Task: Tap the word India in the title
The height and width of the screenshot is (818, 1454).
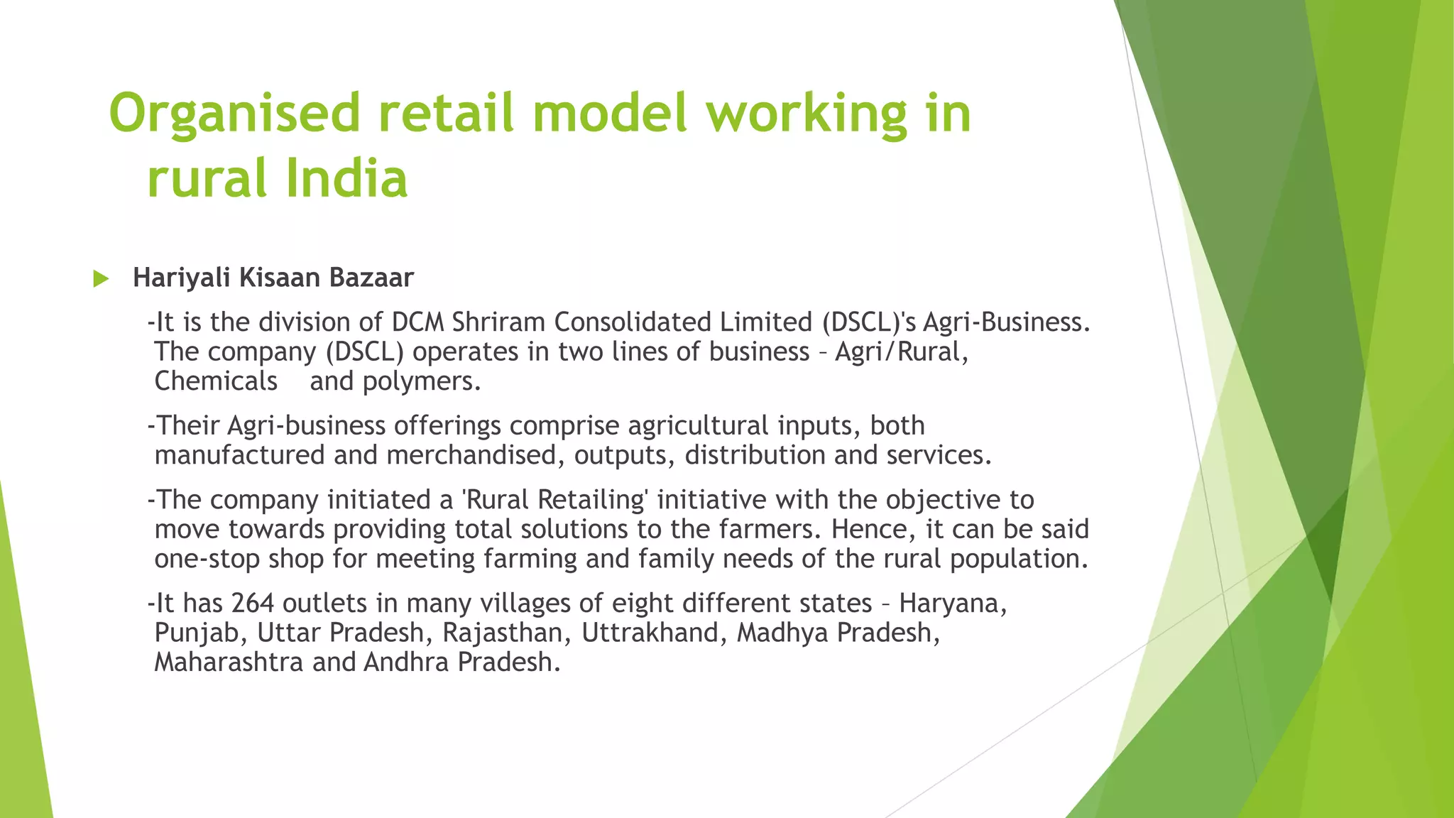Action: pyautogui.click(x=346, y=178)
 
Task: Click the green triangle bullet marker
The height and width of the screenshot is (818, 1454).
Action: pyautogui.click(x=101, y=279)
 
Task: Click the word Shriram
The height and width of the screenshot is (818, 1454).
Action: pyautogui.click(x=498, y=322)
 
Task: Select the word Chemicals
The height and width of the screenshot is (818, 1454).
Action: pyautogui.click(x=216, y=381)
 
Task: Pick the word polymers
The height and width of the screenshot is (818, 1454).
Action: pyautogui.click(x=422, y=382)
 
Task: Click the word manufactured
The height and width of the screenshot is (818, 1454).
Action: pyautogui.click(x=239, y=455)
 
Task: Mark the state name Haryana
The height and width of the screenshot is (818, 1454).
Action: pyautogui.click(x=952, y=604)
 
